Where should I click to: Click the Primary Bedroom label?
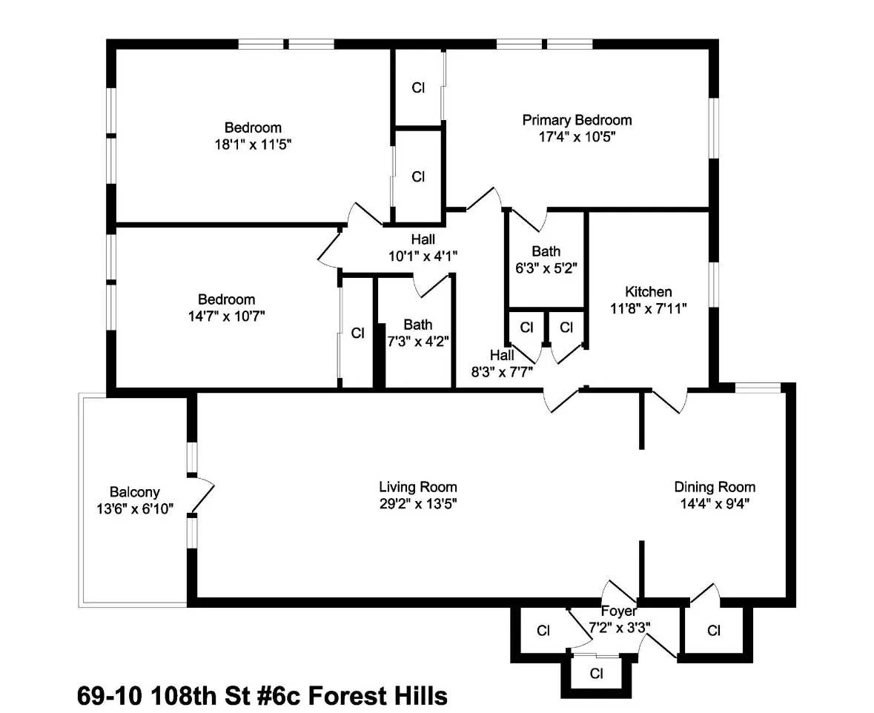click(x=577, y=120)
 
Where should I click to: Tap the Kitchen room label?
click(x=649, y=292)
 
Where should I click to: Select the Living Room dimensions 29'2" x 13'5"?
click(x=418, y=503)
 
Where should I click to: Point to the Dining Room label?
click(x=715, y=487)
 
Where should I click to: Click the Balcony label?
click(x=134, y=492)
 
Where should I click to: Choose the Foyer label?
click(x=619, y=611)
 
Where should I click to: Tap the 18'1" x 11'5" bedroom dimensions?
click(x=254, y=145)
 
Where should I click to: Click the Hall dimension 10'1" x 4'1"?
click(x=423, y=256)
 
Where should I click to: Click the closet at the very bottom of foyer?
click(x=596, y=674)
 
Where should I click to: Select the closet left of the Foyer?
click(x=543, y=631)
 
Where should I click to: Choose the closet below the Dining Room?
click(x=715, y=631)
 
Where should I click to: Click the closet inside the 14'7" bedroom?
click(x=358, y=334)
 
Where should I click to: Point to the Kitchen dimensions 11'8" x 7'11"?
click(x=649, y=308)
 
